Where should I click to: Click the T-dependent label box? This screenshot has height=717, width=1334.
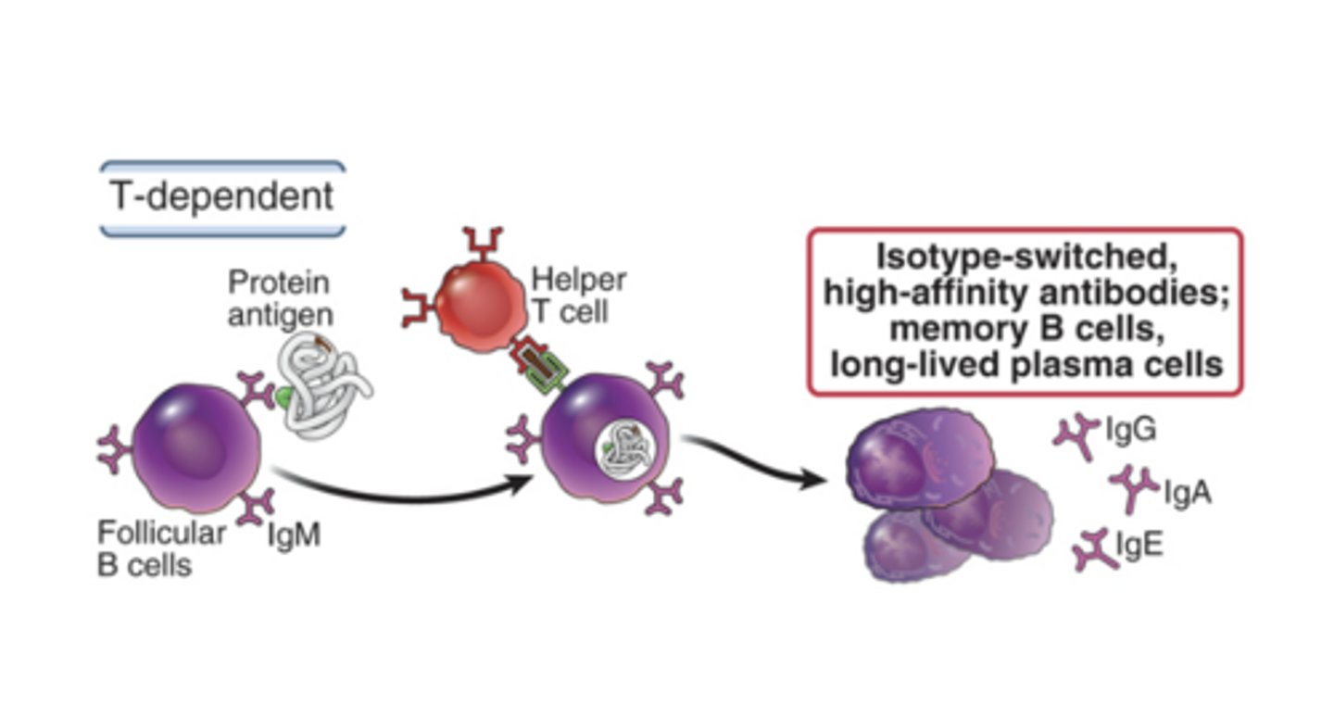tap(222, 197)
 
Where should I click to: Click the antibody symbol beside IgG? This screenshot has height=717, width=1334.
tap(1077, 432)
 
